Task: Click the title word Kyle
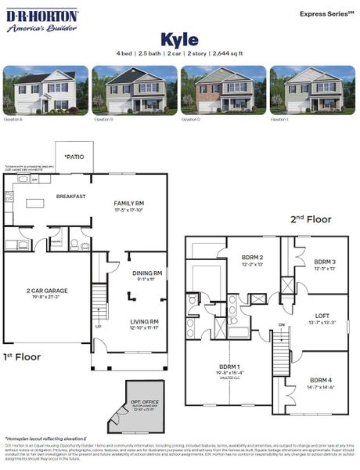click(x=179, y=39)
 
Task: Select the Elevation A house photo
click(x=46, y=91)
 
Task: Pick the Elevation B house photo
click(x=135, y=91)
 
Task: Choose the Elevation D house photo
click(x=223, y=91)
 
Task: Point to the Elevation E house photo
click(x=311, y=91)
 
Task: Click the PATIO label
click(x=74, y=157)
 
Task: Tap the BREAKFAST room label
click(x=70, y=197)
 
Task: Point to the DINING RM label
click(x=147, y=273)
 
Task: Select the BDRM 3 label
click(x=325, y=262)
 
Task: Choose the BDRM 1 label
click(x=229, y=366)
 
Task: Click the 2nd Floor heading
click(x=311, y=220)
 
